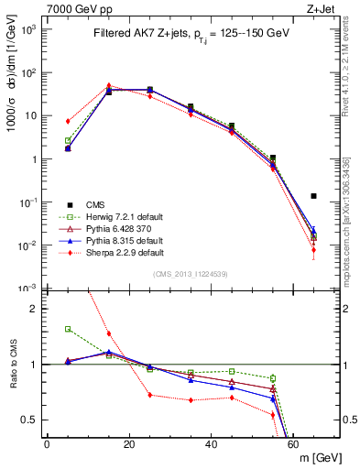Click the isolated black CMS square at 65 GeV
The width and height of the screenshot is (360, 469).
tap(314, 196)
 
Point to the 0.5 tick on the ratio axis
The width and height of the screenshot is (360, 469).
tap(29, 420)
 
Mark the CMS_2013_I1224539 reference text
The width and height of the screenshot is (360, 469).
tap(192, 274)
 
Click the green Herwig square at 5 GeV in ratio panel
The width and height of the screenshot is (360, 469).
tap(68, 329)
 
